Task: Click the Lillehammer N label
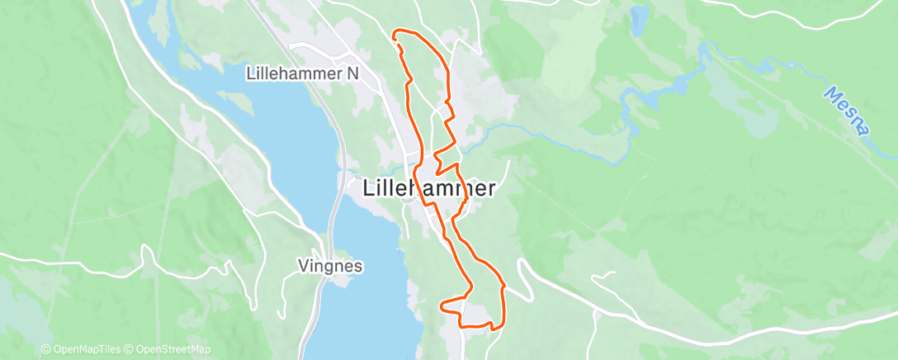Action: click(x=303, y=73)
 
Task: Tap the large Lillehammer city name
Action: click(x=429, y=188)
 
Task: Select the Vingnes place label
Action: click(x=330, y=267)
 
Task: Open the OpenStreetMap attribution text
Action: click(x=173, y=349)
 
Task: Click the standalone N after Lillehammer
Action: click(x=352, y=73)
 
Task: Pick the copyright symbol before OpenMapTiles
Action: click(x=45, y=349)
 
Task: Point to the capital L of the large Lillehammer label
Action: click(x=368, y=188)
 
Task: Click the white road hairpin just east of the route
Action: click(x=520, y=266)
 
